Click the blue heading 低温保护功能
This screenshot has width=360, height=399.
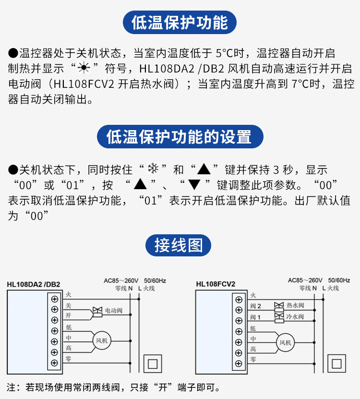tap(180, 23)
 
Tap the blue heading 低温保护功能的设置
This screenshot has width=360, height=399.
tap(180, 137)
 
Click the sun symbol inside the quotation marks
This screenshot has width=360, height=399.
tap(84, 68)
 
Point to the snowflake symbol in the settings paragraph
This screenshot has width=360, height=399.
tap(153, 169)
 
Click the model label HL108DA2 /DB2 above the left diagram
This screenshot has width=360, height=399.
tap(34, 284)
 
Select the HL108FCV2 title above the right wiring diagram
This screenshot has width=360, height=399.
tap(216, 284)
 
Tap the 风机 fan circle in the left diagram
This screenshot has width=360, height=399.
tap(101, 340)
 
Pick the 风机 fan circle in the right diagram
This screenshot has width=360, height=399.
tap(285, 342)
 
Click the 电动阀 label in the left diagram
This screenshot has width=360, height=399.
tap(114, 311)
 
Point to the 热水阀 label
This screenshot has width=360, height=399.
tap(295, 305)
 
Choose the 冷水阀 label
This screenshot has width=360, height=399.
tap(295, 317)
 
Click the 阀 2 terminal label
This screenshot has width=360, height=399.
tap(255, 306)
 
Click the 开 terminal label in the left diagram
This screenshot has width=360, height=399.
tap(68, 315)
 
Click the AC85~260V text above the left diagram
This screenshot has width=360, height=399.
tap(121, 280)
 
